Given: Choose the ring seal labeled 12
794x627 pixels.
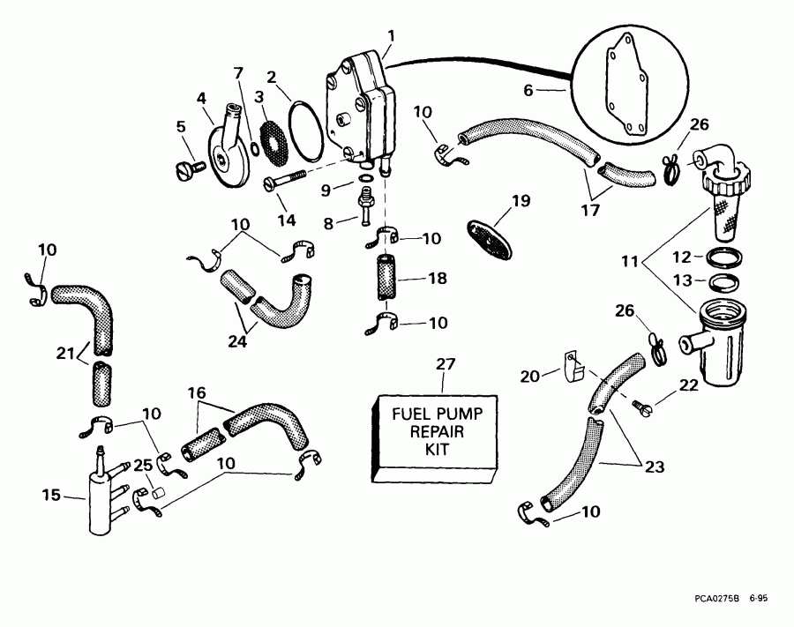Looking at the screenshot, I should pos(724,258).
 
